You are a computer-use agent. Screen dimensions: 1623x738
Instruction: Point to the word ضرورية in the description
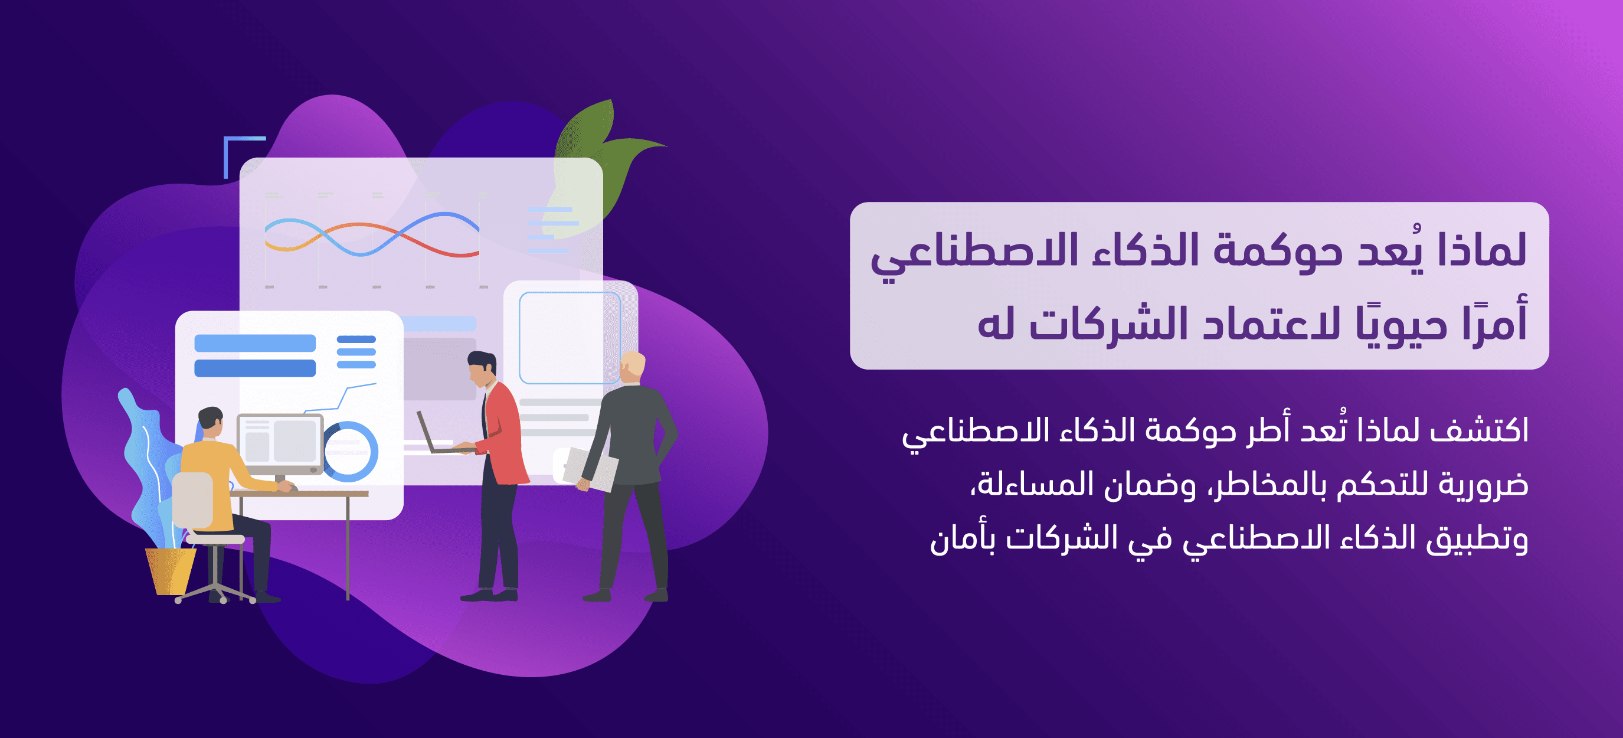click(x=1483, y=486)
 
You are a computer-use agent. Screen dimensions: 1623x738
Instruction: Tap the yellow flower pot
click(x=170, y=571)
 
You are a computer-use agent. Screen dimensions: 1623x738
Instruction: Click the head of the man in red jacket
click(x=482, y=368)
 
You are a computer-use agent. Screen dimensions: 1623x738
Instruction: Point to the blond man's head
click(x=632, y=367)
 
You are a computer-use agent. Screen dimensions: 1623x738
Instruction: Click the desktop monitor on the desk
click(x=280, y=445)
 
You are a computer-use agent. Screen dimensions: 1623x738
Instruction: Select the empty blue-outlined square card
click(x=570, y=338)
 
